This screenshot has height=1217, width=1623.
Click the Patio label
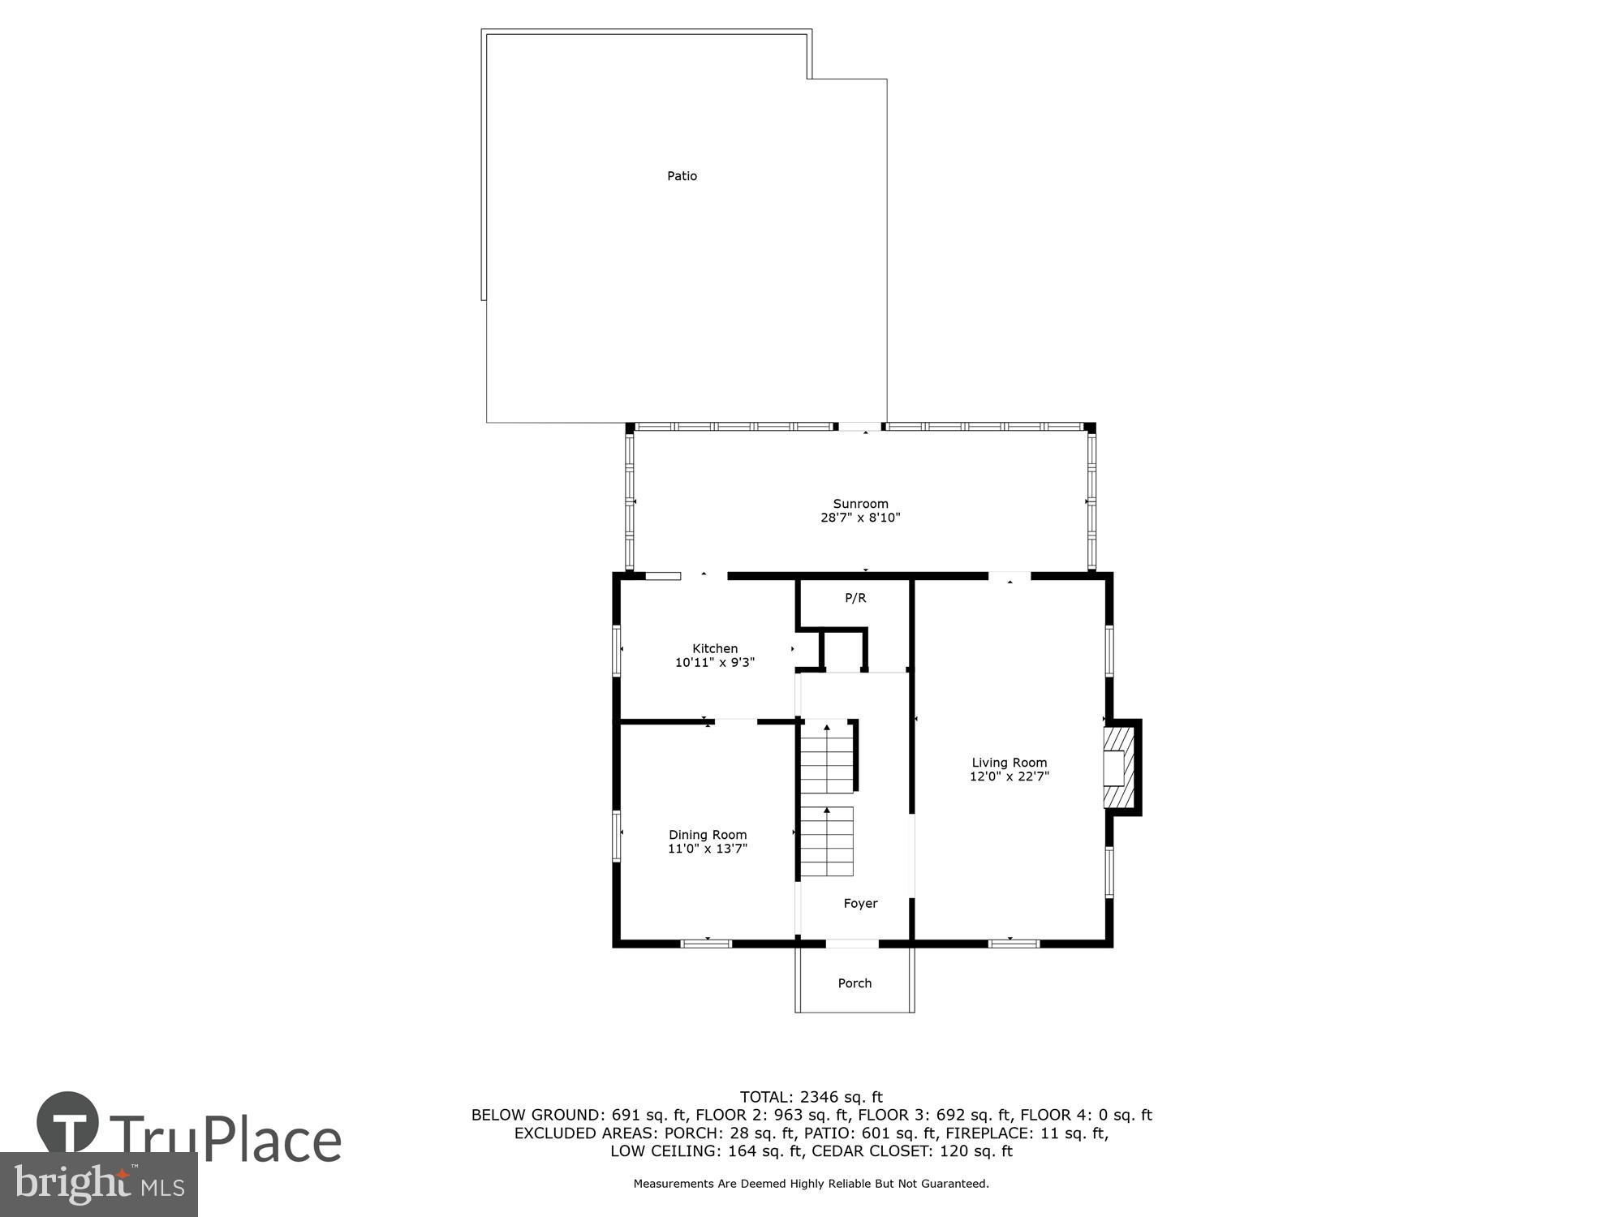682,176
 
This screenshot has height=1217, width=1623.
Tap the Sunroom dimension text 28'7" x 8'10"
860,518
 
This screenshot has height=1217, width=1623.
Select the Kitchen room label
715,648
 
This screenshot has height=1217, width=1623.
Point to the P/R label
855,598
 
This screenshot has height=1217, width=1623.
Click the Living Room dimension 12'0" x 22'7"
1010,776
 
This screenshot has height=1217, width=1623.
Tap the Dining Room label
708,835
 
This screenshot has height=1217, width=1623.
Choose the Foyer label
860,903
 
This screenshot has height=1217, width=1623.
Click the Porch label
855,983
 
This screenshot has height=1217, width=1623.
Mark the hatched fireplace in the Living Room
1118,768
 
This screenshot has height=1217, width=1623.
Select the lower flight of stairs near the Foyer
827,842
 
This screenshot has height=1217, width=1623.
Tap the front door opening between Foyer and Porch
852,944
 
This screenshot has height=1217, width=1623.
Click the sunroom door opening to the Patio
859,427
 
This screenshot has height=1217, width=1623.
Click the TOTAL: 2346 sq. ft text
811,1098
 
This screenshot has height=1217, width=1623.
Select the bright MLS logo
98,1185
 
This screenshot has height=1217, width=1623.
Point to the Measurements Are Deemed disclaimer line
811,1184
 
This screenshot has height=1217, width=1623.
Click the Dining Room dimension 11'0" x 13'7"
708,849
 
